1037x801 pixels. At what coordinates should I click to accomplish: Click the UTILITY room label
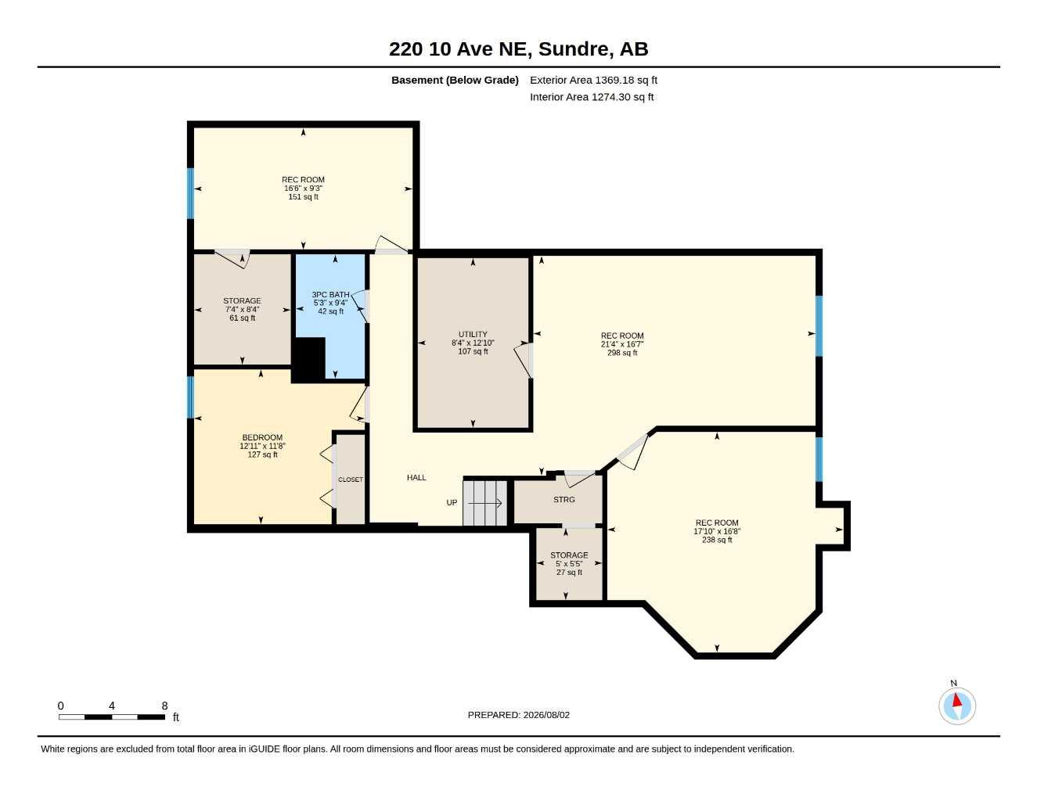473,334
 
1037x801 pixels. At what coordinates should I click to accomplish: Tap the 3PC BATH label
330,295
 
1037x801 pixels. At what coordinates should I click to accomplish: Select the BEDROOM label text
262,437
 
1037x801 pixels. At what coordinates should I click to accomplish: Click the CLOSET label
351,480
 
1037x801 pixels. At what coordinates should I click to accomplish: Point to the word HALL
416,477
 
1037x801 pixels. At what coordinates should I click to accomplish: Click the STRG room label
564,499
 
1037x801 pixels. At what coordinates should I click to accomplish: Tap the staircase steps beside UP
484,502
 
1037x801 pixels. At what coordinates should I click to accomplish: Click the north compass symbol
957,706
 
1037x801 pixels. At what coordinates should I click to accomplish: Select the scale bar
112,717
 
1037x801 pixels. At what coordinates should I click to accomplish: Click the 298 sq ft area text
622,353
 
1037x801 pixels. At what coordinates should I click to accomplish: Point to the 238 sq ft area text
717,540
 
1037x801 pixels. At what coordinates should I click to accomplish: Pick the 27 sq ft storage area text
569,572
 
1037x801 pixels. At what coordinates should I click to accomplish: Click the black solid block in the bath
308,360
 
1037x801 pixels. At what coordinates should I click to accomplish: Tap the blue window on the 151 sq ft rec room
190,193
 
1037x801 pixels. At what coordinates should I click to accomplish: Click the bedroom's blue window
190,397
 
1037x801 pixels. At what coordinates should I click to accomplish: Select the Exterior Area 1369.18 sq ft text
593,80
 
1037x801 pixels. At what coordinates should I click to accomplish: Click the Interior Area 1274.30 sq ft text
592,97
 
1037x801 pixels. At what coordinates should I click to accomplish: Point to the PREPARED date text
518,715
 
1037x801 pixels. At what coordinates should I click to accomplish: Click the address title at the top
518,49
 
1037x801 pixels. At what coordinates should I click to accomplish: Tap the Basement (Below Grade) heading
455,80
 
